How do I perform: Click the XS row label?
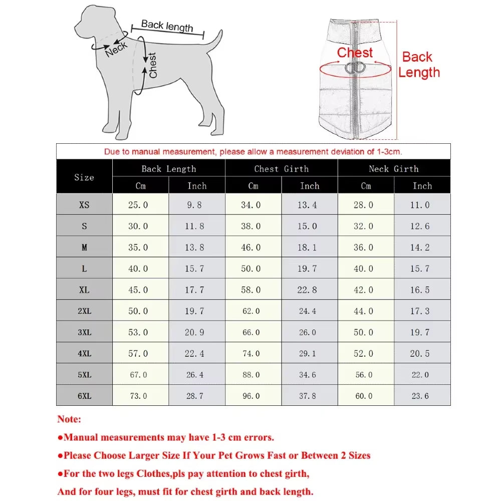[x=84, y=205]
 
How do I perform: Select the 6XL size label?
[x=84, y=396]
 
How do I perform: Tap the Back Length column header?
[x=168, y=169]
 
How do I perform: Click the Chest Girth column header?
[x=281, y=169]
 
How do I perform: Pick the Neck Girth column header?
[x=394, y=169]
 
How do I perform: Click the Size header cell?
[x=84, y=177]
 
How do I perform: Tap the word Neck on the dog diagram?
[x=116, y=49]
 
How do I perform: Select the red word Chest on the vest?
[x=355, y=53]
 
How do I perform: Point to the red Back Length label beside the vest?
[x=419, y=65]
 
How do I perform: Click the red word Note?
[x=69, y=419]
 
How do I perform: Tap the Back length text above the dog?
[x=167, y=26]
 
